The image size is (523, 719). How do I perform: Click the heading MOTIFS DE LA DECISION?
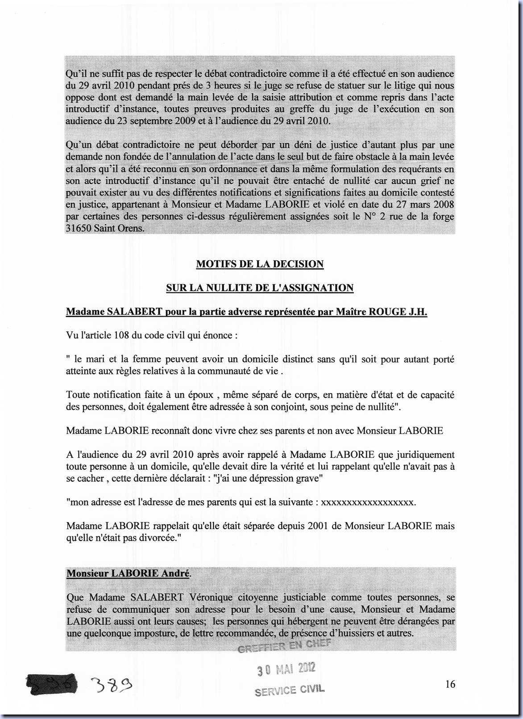point(260,264)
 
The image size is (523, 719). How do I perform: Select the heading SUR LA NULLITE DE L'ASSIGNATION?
point(260,288)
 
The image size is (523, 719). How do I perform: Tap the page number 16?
point(450,684)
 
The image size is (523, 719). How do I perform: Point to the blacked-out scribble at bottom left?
point(52,684)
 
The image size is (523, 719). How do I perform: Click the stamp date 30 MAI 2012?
point(286,669)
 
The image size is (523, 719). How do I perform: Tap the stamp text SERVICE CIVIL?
point(290,690)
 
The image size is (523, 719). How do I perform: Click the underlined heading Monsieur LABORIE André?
point(128,573)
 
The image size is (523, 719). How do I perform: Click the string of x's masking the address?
point(368,502)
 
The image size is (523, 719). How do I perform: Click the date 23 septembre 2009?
point(156,121)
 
